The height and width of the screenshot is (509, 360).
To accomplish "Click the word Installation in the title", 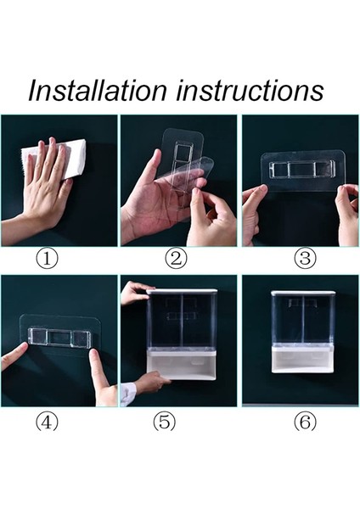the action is (98, 90).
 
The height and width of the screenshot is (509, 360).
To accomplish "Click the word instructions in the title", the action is (250, 90).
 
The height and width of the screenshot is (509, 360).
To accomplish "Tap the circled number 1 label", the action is (47, 259).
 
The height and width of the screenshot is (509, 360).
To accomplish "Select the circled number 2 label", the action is (176, 259).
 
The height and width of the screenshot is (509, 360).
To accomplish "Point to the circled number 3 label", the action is (305, 259).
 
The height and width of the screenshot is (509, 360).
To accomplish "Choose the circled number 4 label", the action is (47, 422).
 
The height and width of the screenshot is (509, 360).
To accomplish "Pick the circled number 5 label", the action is (165, 422).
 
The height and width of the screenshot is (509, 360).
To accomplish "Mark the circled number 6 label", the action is (305, 422).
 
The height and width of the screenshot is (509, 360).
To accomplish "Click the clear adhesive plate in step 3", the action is (303, 170).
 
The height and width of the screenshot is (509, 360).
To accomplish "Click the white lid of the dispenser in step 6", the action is (304, 293).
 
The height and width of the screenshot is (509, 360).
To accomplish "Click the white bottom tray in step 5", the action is (182, 364).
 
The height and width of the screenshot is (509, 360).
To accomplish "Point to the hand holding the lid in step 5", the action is (135, 292).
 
